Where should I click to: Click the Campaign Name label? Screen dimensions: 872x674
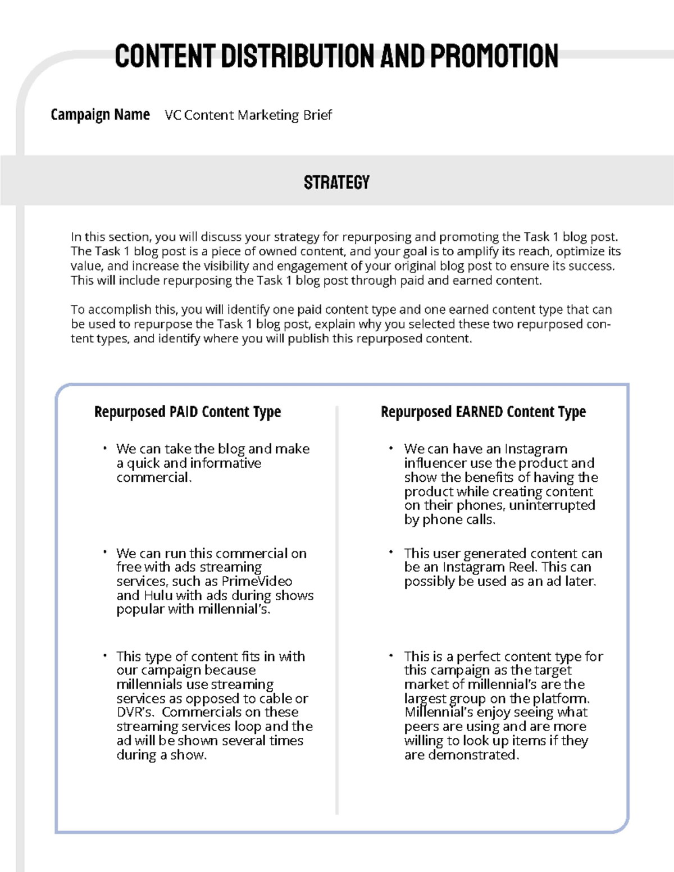click(100, 115)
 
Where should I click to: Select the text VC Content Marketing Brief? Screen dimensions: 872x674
click(248, 115)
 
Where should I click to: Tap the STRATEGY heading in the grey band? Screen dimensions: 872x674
click(336, 182)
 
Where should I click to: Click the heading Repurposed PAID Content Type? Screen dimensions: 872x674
click(187, 412)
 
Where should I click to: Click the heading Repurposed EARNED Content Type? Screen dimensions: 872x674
click(483, 412)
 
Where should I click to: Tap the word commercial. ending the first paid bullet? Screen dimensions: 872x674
click(154, 477)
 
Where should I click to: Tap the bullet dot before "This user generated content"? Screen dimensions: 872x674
click(390, 553)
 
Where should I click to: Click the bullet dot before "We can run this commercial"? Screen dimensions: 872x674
click(104, 553)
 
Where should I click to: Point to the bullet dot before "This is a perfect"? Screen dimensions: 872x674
click(390, 655)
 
